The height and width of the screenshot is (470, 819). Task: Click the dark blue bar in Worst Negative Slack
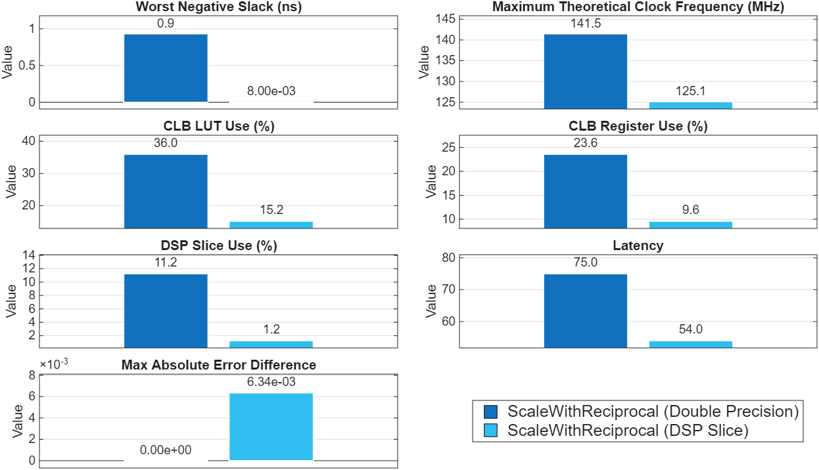[x=166, y=68]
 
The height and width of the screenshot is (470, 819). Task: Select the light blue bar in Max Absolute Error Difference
[x=271, y=427]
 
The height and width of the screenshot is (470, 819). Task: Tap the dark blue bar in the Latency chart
[x=585, y=310]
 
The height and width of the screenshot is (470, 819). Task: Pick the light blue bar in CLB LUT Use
[x=271, y=224]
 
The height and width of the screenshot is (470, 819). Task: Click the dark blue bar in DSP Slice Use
[x=166, y=310]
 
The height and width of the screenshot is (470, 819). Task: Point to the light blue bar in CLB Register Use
[x=690, y=224]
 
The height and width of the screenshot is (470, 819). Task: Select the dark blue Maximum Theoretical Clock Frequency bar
[x=585, y=71]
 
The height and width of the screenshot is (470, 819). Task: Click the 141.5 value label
[x=585, y=24]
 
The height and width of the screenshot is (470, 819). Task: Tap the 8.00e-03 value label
[x=271, y=92]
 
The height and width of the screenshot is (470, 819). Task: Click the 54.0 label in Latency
[x=690, y=330]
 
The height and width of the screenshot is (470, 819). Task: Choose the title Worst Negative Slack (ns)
[x=204, y=7]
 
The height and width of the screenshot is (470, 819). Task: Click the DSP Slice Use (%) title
[x=218, y=246]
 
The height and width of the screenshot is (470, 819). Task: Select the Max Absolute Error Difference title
[x=218, y=365]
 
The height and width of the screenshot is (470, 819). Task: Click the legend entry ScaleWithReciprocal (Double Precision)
[x=653, y=412]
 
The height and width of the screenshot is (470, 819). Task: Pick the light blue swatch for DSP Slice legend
[x=490, y=431]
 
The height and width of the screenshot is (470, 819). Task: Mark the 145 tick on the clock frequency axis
[x=446, y=19]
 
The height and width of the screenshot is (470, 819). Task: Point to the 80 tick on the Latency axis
[x=448, y=258]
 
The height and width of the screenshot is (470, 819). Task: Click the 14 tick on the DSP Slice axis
[x=29, y=255]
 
